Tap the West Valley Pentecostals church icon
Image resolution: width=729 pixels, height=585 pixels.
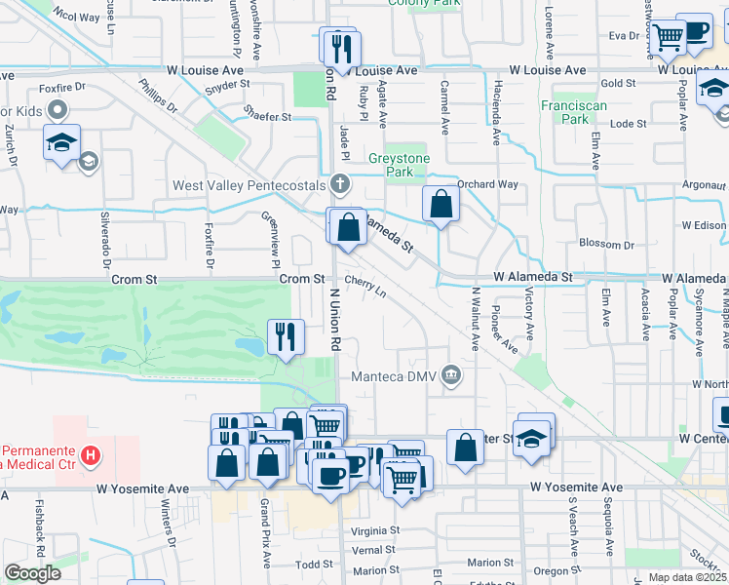pyautogui.click(x=340, y=182)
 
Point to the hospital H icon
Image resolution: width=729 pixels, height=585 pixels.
pyautogui.click(x=90, y=455)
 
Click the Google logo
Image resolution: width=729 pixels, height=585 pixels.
pyautogui.click(x=32, y=573)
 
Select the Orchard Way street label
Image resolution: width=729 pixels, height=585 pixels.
pyautogui.click(x=487, y=184)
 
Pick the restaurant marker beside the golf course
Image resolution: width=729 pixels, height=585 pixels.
pyautogui.click(x=286, y=337)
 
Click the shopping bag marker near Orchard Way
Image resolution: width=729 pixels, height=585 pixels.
pyautogui.click(x=441, y=204)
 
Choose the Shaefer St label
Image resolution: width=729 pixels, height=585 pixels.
pyautogui.click(x=268, y=117)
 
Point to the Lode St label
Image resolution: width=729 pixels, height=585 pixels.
pyautogui.click(x=628, y=124)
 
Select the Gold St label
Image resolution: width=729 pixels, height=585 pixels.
pyautogui.click(x=619, y=84)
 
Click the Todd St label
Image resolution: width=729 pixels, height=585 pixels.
pyautogui.click(x=315, y=565)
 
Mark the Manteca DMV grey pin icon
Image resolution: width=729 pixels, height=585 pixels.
pyautogui.click(x=450, y=372)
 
